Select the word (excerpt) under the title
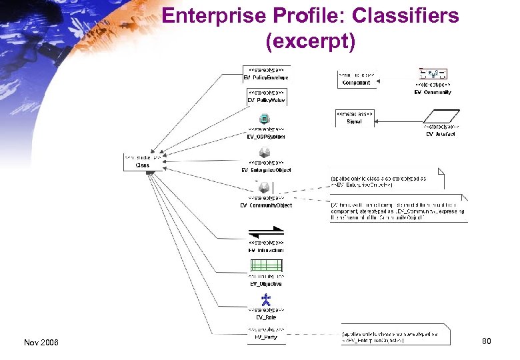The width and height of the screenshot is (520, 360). [311, 41]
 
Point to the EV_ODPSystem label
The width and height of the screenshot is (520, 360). [266, 137]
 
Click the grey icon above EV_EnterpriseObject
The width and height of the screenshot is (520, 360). [265, 153]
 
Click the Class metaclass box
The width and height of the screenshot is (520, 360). [142, 161]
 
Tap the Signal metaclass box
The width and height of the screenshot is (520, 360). [354, 118]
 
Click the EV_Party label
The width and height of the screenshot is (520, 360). [266, 337]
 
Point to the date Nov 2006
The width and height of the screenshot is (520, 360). [41, 342]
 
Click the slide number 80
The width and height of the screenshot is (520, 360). [486, 341]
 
